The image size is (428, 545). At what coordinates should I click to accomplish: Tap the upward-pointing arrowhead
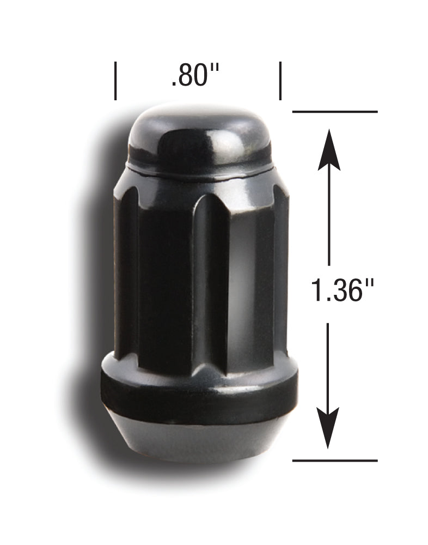tap(328, 150)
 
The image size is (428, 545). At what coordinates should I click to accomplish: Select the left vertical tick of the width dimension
tap(115, 81)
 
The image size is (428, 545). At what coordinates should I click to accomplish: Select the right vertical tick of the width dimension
tap(280, 81)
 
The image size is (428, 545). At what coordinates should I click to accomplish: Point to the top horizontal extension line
tap(335, 112)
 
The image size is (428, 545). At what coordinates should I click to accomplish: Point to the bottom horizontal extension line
tap(335, 461)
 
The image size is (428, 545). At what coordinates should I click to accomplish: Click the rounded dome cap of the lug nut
tap(199, 136)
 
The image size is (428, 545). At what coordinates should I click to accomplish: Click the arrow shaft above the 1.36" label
tap(328, 218)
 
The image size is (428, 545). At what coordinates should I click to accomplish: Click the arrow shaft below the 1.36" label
tap(328, 365)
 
